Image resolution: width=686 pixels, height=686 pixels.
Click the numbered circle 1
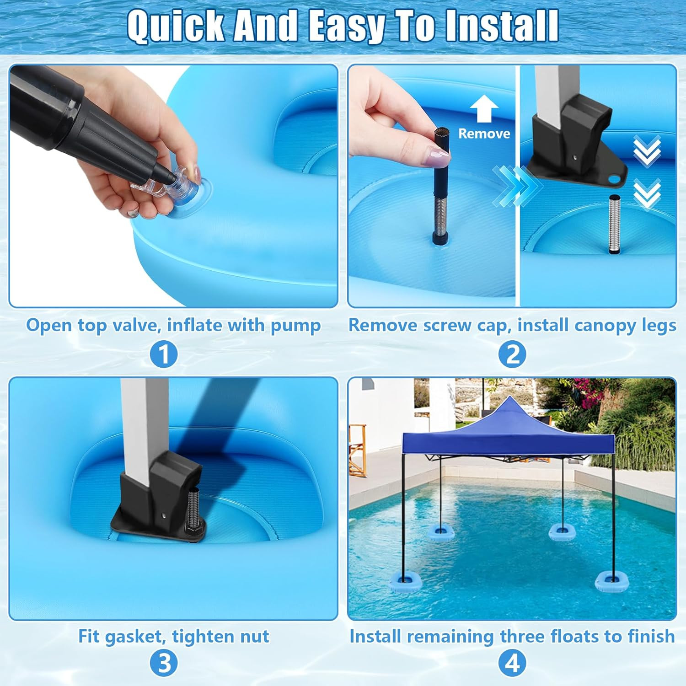pos(164,354)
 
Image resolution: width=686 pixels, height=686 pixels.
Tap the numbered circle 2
pos(512,354)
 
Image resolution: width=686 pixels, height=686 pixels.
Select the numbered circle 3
pos(164,664)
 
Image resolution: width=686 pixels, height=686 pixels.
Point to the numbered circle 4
pos(512,664)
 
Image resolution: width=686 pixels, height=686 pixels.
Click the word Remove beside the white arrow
pos(484,134)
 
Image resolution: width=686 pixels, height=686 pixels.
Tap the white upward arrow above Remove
pos(484,110)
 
